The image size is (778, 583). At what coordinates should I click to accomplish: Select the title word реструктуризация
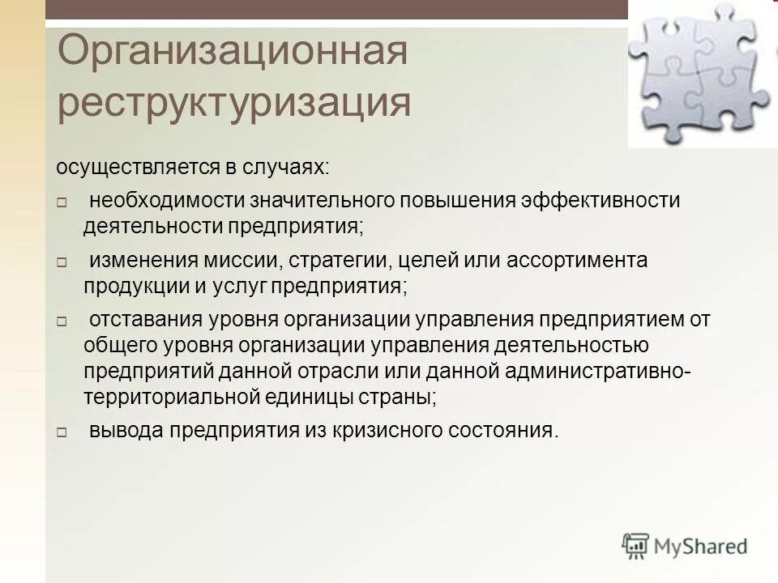click(x=234, y=104)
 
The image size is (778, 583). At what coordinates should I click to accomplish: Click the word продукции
click(x=126, y=287)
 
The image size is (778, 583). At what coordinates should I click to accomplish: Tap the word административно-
click(x=598, y=372)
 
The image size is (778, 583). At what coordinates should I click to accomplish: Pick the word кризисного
click(x=382, y=431)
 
